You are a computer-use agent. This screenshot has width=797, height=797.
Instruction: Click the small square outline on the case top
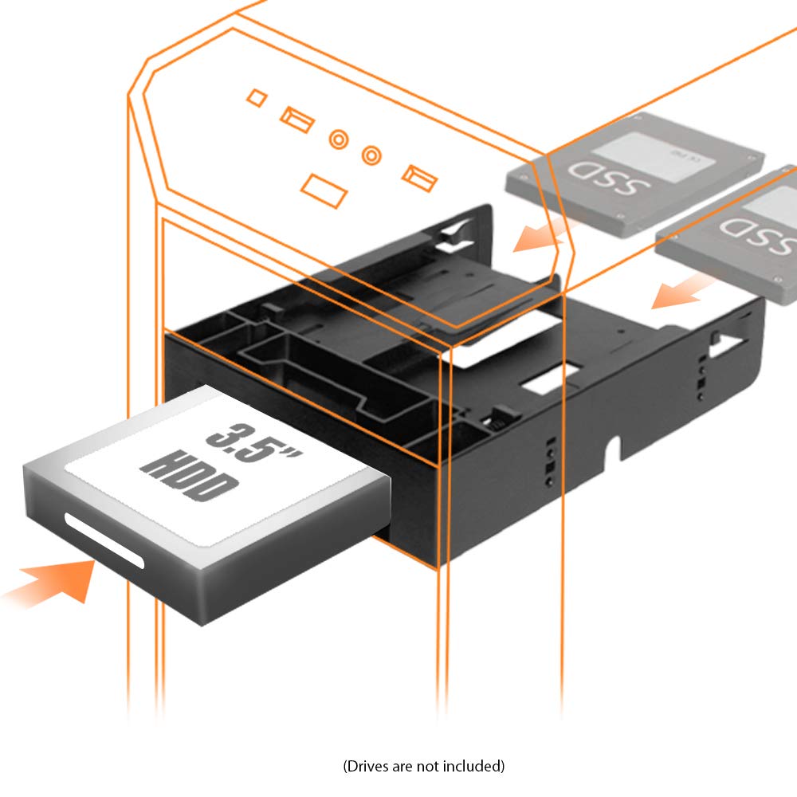[256, 97]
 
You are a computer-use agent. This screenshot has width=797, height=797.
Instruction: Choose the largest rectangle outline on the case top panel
[324, 191]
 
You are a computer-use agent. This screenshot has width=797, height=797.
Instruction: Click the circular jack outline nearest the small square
[340, 139]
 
